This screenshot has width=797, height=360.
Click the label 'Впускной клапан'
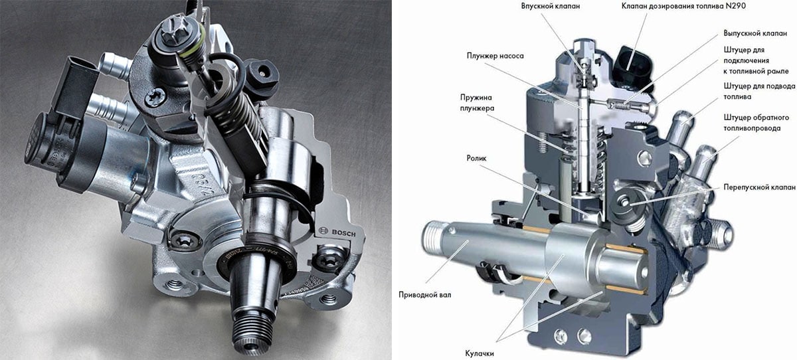click(551, 7)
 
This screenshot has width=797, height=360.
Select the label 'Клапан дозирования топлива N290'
click(683, 6)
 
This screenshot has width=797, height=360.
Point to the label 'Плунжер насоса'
click(495, 56)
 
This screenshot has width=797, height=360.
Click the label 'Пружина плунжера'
click(477, 103)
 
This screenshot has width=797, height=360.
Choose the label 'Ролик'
click(476, 158)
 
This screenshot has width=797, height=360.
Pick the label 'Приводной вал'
click(425, 294)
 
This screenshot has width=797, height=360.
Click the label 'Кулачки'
click(480, 353)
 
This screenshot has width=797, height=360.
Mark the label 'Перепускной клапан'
click(759, 187)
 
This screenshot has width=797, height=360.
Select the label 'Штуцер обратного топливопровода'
click(756, 123)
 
